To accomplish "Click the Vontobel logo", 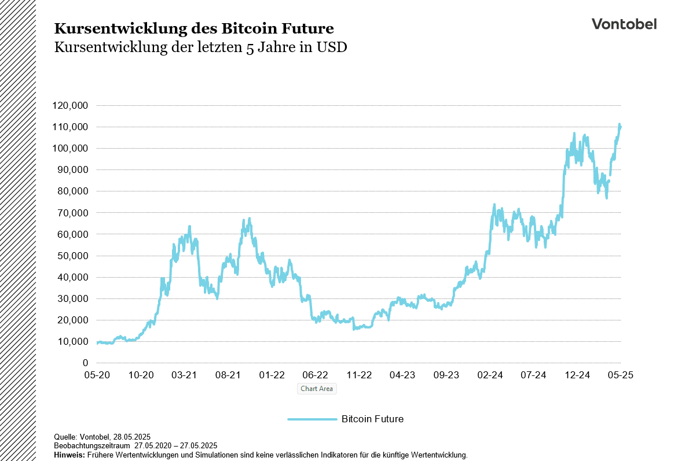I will coord(624,24).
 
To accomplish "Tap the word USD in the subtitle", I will coord(331,47).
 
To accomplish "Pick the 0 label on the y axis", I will coord(85,363).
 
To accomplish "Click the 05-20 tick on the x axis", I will coord(97,375).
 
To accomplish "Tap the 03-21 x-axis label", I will coord(184,375).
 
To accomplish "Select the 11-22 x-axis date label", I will coord(359,375).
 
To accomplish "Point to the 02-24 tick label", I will coord(490,375).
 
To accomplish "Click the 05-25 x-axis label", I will coord(620,375).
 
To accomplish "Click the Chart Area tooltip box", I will coord(317,389).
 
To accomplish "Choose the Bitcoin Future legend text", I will coord(372,419).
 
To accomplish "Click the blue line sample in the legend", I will coord(312,419).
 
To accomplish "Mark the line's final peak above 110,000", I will coord(620,124).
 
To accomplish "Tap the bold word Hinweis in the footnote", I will coord(69,455).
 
